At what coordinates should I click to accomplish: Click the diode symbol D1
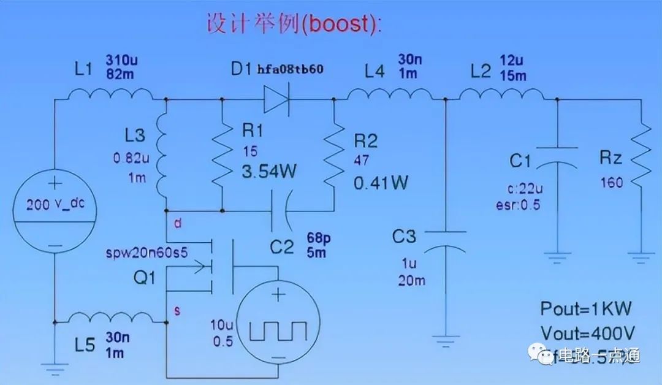tap(276, 99)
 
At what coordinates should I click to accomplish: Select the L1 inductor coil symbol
tap(110, 95)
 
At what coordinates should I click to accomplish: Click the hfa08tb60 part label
tap(290, 69)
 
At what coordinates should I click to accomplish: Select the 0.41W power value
tap(381, 182)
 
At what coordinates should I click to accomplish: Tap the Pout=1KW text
tap(585, 308)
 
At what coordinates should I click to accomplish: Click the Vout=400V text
tap(587, 334)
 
